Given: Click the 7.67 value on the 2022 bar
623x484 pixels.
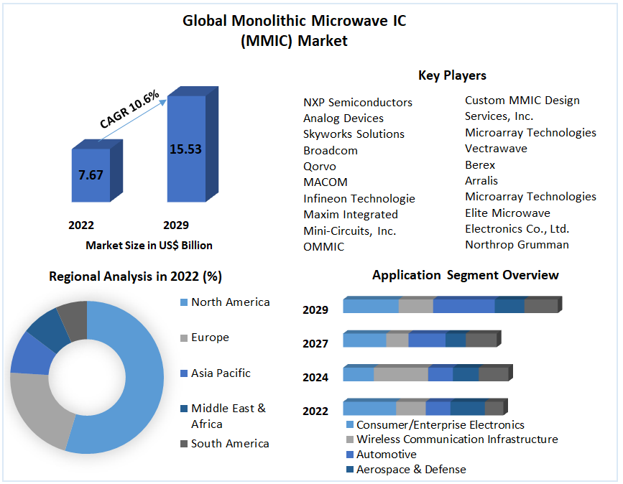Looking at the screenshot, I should [x=91, y=174].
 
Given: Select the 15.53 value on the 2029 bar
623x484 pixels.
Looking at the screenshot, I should [x=185, y=149].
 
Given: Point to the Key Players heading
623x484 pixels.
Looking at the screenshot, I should [x=452, y=75].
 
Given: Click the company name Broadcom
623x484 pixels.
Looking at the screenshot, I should [x=331, y=150].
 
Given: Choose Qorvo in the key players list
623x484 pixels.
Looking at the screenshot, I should [x=320, y=166].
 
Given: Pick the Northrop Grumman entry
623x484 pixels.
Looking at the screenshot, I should [x=517, y=245].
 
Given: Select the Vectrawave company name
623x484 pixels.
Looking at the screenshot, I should [x=496, y=149].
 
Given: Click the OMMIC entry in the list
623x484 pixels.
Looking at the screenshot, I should [x=323, y=247].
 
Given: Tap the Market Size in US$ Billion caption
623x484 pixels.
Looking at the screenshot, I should [x=149, y=246].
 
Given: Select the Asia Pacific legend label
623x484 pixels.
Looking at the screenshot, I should [x=221, y=373].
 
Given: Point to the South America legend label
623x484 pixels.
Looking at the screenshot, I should [x=230, y=444].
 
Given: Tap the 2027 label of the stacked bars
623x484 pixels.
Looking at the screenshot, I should [x=315, y=344].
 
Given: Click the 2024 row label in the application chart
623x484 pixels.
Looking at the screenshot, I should [x=315, y=378].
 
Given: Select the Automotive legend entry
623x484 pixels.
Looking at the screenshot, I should [x=386, y=455].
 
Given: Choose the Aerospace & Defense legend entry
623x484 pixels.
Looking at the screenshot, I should [x=411, y=470].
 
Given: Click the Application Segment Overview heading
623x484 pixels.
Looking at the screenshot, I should [x=465, y=275].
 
